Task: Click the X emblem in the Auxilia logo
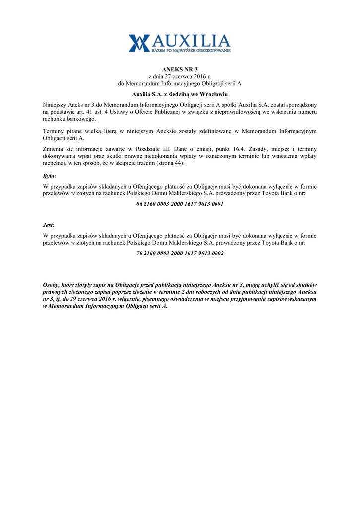click(x=139, y=43)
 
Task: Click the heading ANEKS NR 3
click(x=180, y=69)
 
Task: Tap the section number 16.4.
click(x=234, y=149)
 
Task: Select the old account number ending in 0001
click(x=180, y=204)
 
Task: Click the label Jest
click(x=48, y=225)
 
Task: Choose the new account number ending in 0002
click(x=180, y=253)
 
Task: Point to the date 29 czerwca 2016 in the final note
click(x=86, y=299)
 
